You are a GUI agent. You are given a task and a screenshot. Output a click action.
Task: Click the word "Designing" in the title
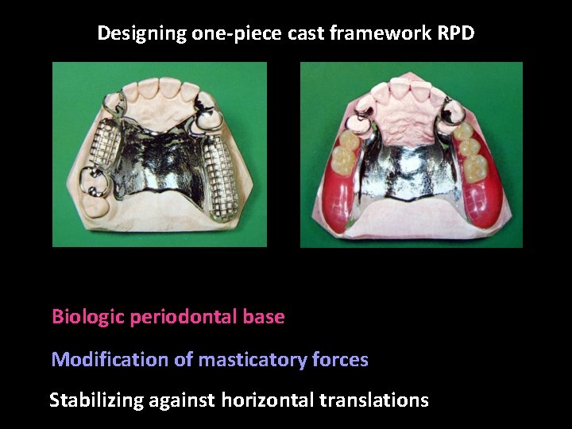(x=141, y=34)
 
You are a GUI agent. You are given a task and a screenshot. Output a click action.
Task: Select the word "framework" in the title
(x=380, y=34)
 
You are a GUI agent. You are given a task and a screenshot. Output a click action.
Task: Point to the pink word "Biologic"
(x=87, y=317)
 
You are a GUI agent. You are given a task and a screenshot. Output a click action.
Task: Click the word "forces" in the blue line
(x=339, y=360)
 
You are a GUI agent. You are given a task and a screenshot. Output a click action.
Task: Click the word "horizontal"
(x=267, y=400)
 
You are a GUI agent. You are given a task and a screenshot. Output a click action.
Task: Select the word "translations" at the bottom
(x=373, y=400)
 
